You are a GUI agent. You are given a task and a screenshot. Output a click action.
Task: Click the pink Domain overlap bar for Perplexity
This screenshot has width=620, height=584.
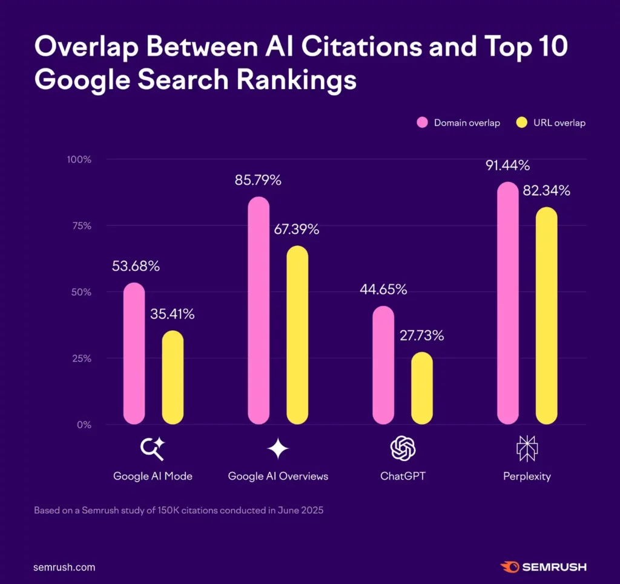tap(507, 303)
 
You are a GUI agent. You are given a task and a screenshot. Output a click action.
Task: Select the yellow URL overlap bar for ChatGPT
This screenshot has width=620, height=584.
tap(422, 388)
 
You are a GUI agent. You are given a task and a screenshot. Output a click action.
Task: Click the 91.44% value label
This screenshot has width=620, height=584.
tap(507, 165)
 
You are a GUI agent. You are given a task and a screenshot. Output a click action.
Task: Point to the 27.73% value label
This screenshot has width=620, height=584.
tap(422, 335)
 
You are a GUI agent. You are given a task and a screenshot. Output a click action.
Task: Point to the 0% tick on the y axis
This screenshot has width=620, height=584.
tap(83, 425)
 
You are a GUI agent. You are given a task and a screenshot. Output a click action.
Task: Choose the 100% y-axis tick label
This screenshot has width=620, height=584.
tap(78, 160)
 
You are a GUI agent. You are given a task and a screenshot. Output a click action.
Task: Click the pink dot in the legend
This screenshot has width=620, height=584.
tap(423, 123)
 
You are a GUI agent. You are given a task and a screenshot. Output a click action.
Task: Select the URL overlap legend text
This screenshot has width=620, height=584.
tap(559, 123)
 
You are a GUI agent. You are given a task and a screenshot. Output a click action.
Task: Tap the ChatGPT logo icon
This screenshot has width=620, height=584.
tap(403, 448)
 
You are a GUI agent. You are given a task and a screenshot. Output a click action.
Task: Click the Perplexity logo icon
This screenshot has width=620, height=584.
tap(527, 448)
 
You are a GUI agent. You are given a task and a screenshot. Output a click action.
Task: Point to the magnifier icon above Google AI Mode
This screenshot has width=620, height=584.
tap(152, 448)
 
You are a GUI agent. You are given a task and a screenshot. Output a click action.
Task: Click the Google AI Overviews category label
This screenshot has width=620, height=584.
tap(278, 476)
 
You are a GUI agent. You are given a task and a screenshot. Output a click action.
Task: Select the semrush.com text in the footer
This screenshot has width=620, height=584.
tap(64, 568)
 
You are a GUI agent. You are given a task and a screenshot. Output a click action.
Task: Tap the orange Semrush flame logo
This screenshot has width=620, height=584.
tap(509, 567)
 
